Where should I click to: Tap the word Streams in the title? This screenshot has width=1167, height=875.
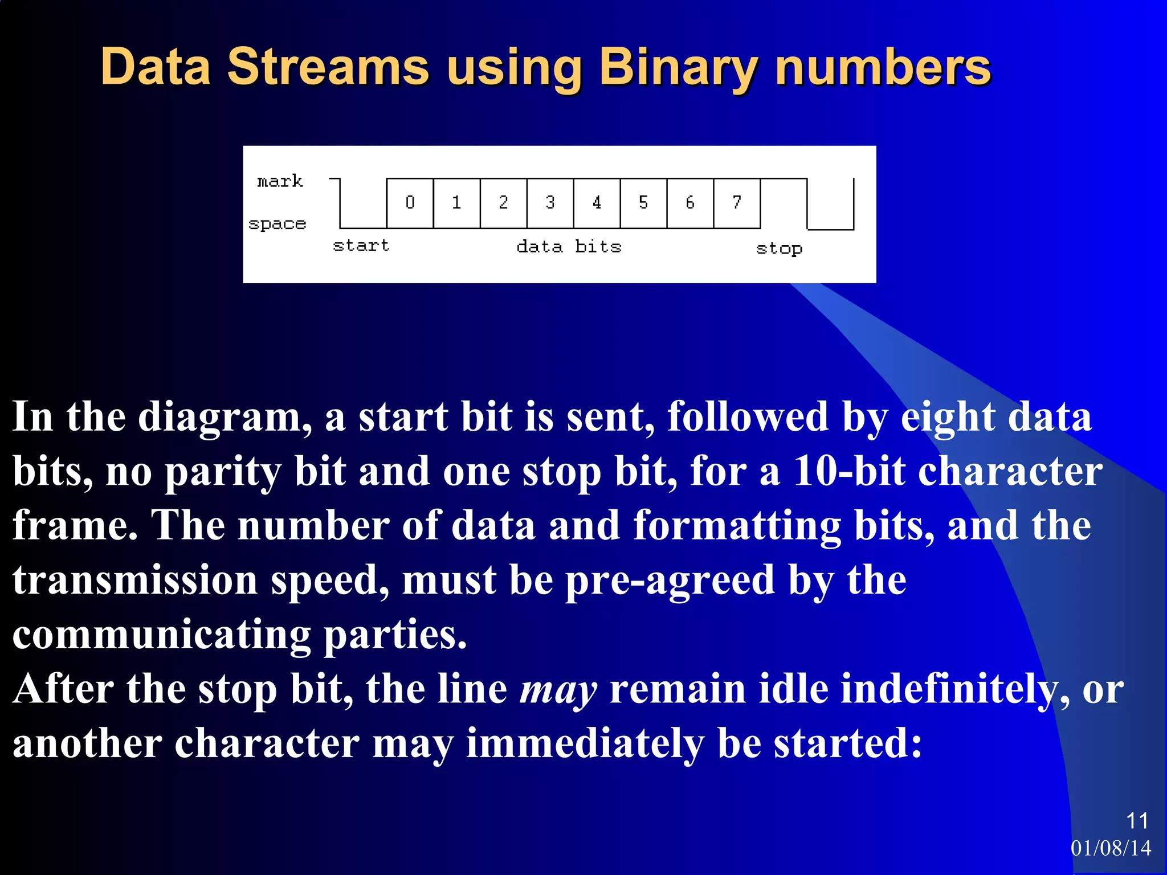pos(328,67)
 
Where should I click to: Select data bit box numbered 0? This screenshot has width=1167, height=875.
pos(410,203)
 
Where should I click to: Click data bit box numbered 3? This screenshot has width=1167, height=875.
pos(550,203)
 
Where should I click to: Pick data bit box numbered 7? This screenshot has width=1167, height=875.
pos(737,203)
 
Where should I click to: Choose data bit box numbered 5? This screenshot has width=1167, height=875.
pos(643,203)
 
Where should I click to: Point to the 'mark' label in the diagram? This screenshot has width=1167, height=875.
pos(280,181)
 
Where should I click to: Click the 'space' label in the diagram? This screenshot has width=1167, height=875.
pos(278,224)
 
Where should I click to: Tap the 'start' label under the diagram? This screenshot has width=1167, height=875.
pos(361,246)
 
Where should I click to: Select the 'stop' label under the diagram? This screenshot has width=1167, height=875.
pos(779,248)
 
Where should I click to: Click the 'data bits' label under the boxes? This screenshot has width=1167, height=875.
pos(569,247)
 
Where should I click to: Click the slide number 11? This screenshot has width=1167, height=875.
pos(1137,821)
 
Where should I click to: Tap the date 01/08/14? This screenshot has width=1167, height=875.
pos(1111,848)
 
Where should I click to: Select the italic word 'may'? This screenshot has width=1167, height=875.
pos(558,690)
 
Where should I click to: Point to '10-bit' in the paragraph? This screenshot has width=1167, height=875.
pos(848,472)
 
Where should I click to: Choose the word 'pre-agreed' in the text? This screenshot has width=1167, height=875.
pos(670,580)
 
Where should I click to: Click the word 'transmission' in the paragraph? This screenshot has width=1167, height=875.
pos(135,580)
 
